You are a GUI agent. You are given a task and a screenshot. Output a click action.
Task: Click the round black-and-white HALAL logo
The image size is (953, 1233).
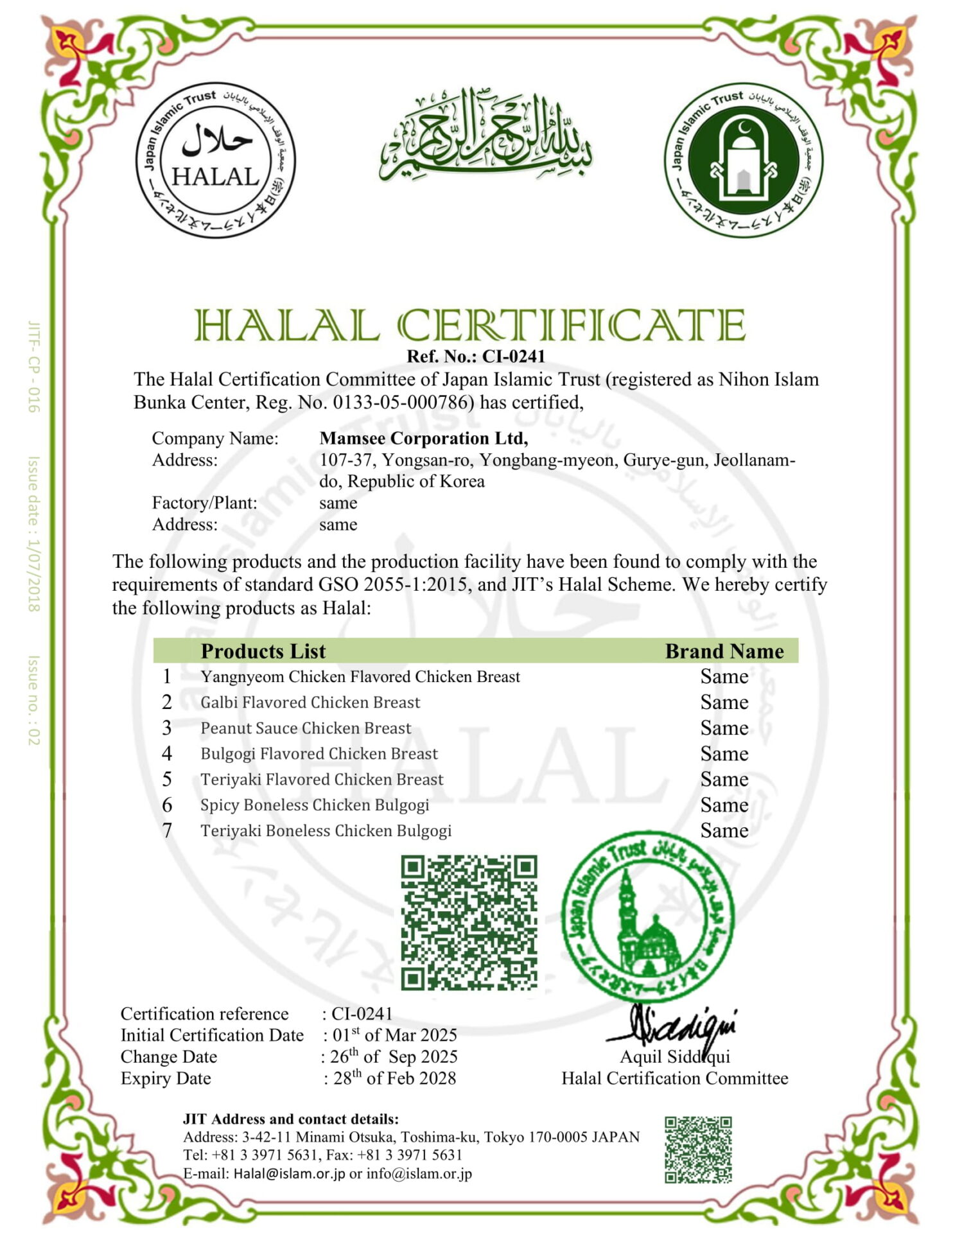click(215, 160)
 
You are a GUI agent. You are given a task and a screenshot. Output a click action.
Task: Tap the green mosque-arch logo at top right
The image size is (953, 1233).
click(743, 160)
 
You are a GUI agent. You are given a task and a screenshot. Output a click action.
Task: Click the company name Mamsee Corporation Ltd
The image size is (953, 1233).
click(423, 439)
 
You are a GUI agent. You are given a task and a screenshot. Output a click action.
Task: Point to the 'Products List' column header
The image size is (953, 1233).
click(263, 651)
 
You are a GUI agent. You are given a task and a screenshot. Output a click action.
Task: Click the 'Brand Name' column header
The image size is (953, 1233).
click(724, 651)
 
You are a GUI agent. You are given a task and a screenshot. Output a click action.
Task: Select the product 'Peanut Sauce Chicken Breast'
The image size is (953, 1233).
click(306, 728)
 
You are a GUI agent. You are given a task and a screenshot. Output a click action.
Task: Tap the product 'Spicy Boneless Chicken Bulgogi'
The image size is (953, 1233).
click(315, 805)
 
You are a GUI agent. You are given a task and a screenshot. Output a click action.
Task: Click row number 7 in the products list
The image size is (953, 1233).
click(167, 831)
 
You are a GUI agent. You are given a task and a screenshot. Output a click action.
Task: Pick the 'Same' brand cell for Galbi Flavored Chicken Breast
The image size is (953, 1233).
click(724, 703)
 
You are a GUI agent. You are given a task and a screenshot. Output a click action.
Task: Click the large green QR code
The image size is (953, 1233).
click(469, 922)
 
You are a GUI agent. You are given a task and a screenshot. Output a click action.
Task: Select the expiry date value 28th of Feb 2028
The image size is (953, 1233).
click(394, 1078)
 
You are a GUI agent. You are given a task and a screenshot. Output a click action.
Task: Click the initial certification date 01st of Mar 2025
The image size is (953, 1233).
click(394, 1035)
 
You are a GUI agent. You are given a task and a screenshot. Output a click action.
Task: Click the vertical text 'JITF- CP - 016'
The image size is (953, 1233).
click(34, 367)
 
